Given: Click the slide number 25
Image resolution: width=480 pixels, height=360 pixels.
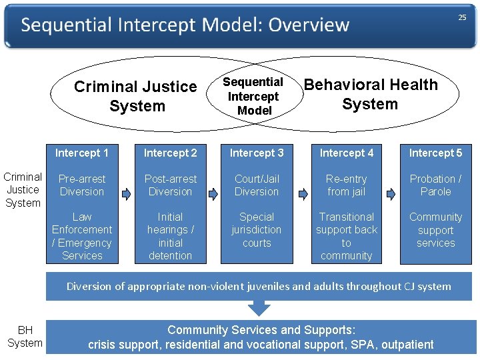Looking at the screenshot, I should coord(461,18).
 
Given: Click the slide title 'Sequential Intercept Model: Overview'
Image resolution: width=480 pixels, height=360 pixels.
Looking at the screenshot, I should coord(185,26).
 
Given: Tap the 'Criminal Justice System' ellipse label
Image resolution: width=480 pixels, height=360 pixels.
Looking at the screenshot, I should coord(136,96).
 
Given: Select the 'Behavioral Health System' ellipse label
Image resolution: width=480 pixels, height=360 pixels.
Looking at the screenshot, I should coord(370,94).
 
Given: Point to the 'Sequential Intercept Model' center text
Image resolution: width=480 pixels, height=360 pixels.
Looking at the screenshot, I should coord(253,96).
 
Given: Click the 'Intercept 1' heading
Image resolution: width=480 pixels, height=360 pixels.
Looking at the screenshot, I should coord(82,153).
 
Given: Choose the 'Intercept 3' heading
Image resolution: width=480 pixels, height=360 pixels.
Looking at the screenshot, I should coord(257,153).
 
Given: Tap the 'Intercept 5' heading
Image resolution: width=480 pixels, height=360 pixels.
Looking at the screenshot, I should coord(435,153).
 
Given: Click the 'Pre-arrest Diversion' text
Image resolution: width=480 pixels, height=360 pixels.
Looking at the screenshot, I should coord(82,185).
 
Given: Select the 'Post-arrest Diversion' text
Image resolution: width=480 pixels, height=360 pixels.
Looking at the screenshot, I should coord(171,185).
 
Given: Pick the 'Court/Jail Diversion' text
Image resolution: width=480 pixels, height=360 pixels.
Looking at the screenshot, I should coord(257,185).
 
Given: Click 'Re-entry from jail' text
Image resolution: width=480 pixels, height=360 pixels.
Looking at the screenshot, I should coord(347,185).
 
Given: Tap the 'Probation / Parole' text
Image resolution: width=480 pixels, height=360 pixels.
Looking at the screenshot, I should coord(435,185).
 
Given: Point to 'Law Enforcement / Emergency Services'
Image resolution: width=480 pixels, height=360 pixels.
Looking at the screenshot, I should coord(82,236).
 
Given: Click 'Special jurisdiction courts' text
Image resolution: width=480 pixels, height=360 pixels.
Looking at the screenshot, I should coord(257,230).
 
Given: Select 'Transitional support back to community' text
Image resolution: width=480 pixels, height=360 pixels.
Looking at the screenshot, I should coord(347,236).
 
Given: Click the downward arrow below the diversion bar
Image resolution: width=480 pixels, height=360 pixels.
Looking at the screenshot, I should coord(259,308).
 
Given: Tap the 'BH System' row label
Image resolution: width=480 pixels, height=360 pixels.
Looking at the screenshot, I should coord(25,337).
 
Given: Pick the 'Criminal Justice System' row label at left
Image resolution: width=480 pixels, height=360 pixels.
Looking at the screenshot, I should coord(23,190).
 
